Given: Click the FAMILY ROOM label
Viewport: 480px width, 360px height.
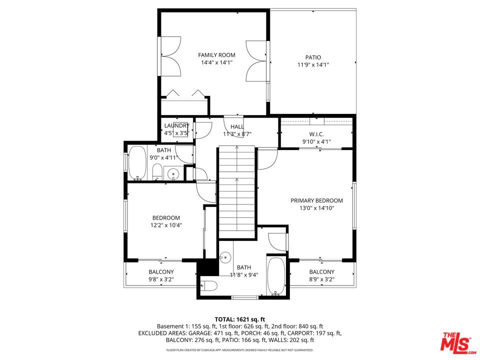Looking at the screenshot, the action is pyautogui.click(x=216, y=55).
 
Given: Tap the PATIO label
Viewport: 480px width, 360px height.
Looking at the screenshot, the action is pyautogui.click(x=313, y=57).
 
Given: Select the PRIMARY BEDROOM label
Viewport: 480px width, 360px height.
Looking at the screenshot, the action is pyautogui.click(x=316, y=200).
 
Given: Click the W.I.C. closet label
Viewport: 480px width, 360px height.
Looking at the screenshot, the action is pyautogui.click(x=316, y=134).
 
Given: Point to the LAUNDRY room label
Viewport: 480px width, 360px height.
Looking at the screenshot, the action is pyautogui.click(x=176, y=125).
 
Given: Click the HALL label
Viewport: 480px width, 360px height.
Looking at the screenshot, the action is pyautogui.click(x=237, y=126).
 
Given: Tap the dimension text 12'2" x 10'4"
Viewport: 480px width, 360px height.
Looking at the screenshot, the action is pyautogui.click(x=166, y=225).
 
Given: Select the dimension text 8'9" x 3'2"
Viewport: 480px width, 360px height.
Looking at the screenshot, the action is pyautogui.click(x=321, y=279).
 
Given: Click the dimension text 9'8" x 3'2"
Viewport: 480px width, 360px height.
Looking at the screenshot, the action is pyautogui.click(x=161, y=279).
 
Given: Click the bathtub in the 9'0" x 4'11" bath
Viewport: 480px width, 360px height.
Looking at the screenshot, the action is pyautogui.click(x=137, y=163).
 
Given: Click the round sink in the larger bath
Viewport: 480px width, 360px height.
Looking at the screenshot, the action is pyautogui.click(x=225, y=256).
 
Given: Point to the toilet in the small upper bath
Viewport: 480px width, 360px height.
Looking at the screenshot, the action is pyautogui.click(x=157, y=171).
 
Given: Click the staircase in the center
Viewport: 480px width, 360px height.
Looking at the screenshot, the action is pyautogui.click(x=237, y=192).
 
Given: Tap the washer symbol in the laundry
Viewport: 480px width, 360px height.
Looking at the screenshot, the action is pyautogui.click(x=180, y=129).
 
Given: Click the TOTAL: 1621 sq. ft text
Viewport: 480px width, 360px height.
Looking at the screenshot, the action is pyautogui.click(x=239, y=319).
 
